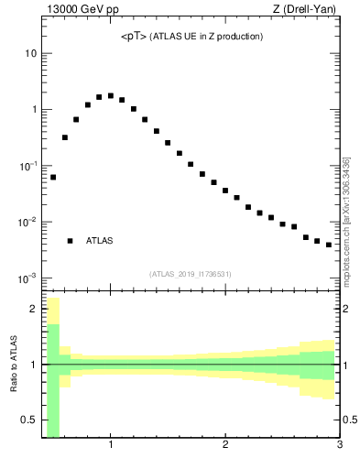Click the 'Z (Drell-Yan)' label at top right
click(311, 9)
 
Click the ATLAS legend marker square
click(70, 241)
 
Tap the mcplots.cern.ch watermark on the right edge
click(346, 220)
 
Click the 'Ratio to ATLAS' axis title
click(14, 365)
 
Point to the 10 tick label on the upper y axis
click(30, 53)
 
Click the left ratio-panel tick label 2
click(33, 309)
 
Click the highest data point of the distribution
click(111, 95)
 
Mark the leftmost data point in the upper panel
click(53, 177)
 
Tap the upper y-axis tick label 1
click(34, 110)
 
